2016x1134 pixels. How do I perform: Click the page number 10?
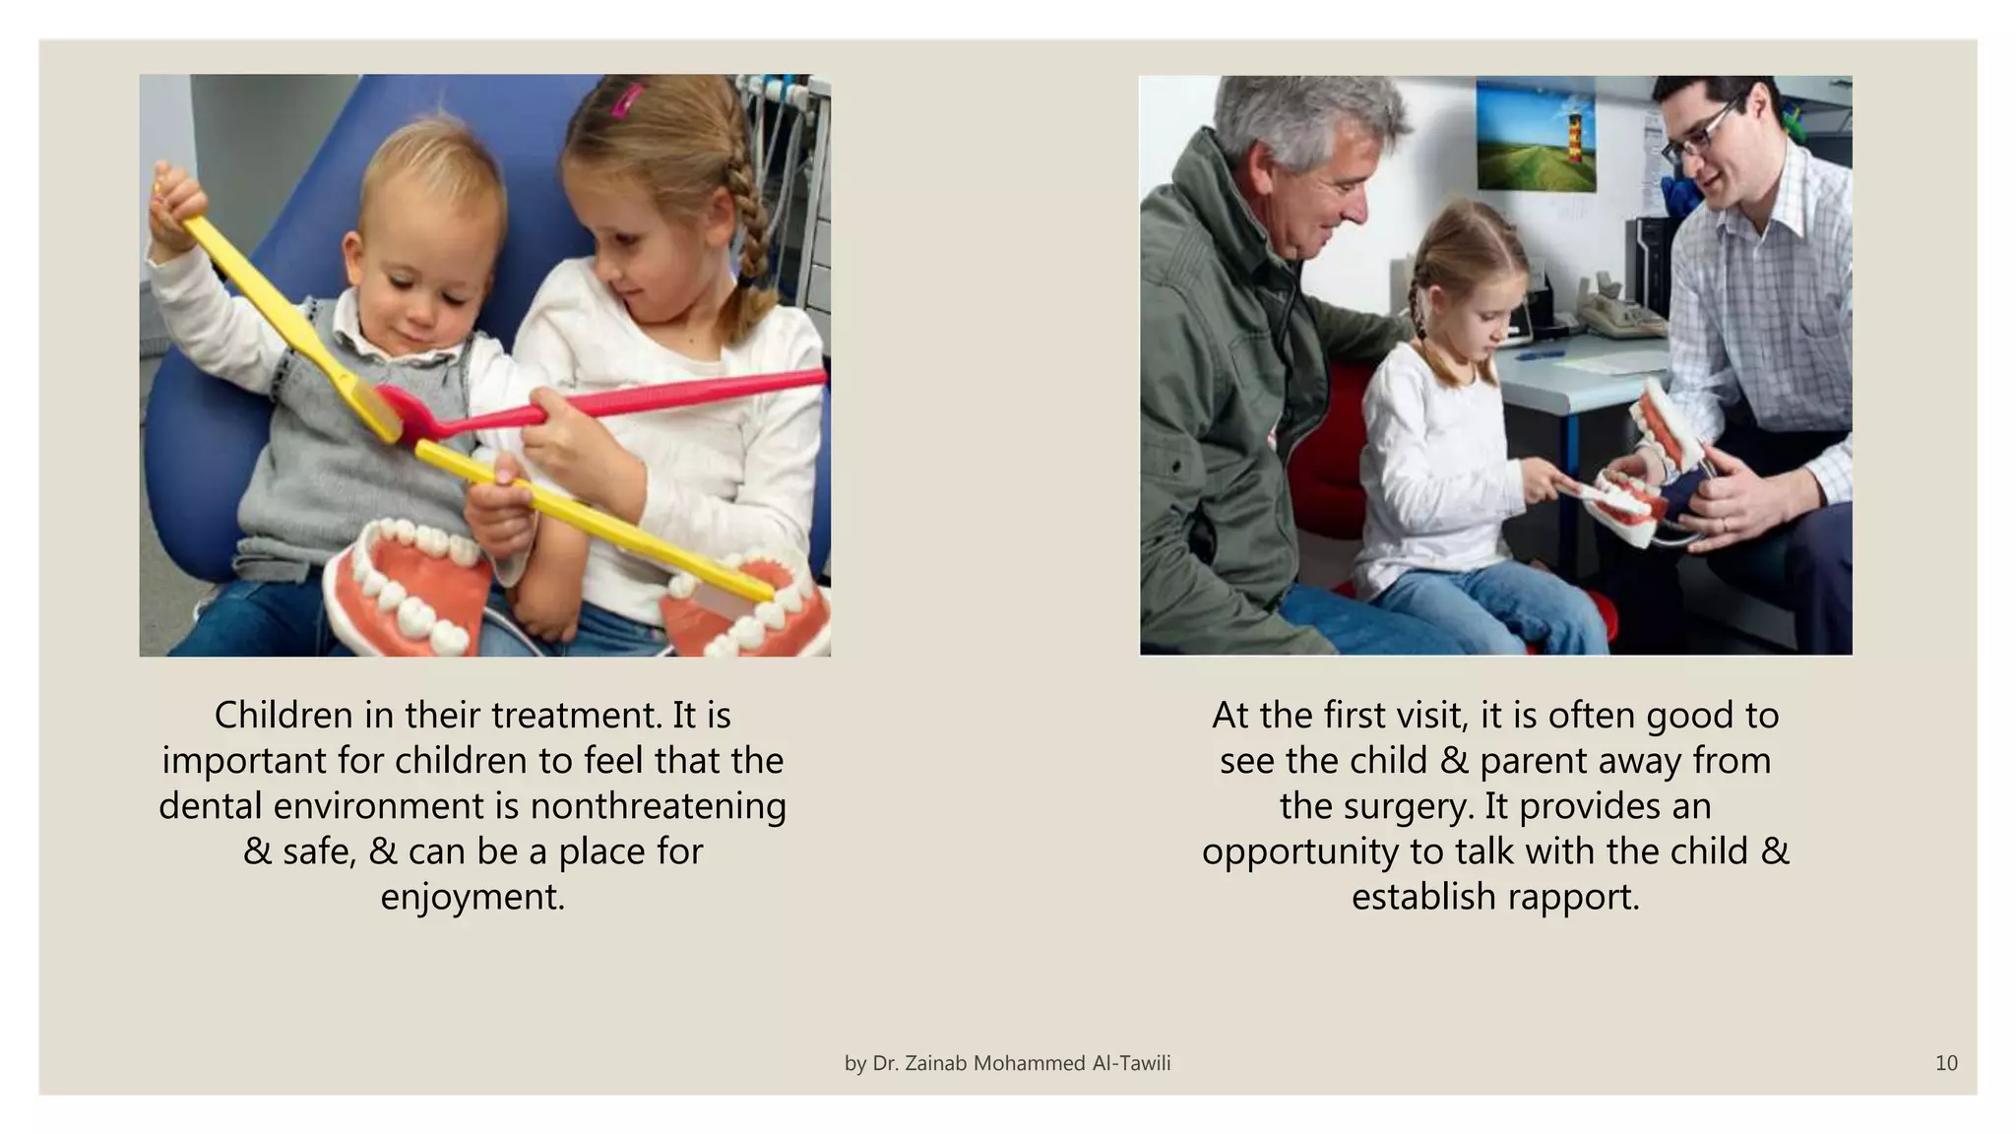click(1945, 1063)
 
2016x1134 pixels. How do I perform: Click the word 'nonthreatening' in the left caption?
click(658, 806)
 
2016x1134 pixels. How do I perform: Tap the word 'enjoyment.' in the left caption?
click(472, 897)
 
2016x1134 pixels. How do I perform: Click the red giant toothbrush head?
click(399, 404)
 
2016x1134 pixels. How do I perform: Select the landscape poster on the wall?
click(1535, 136)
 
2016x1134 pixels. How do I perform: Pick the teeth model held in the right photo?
click(1654, 463)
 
